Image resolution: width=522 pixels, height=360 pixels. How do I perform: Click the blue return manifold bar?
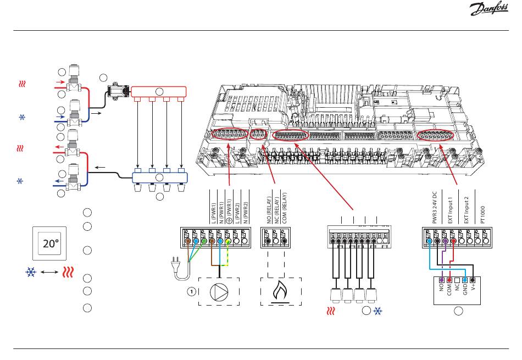[x=159, y=178]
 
